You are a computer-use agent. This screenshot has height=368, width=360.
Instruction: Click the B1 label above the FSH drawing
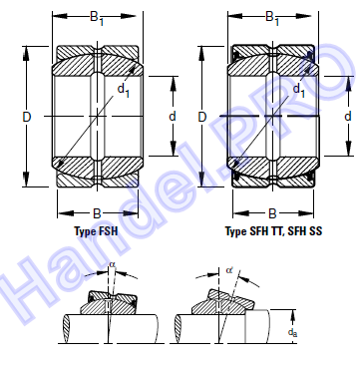click(x=97, y=17)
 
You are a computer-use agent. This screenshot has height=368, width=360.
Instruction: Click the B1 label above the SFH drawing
click(x=272, y=17)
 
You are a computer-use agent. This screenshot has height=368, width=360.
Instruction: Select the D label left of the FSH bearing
click(x=27, y=117)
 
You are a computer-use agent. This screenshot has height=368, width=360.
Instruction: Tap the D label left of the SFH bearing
click(x=202, y=117)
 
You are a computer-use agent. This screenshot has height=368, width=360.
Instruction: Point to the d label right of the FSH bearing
click(x=173, y=117)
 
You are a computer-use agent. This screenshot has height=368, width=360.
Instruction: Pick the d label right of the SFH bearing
click(x=348, y=117)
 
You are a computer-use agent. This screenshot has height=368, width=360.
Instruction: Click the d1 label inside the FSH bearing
click(x=124, y=91)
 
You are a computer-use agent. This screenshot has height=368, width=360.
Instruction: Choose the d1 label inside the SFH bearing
click(x=298, y=91)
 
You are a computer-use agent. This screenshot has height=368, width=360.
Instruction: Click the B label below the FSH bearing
click(x=97, y=213)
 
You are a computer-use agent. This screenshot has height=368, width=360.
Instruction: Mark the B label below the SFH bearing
click(x=272, y=213)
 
